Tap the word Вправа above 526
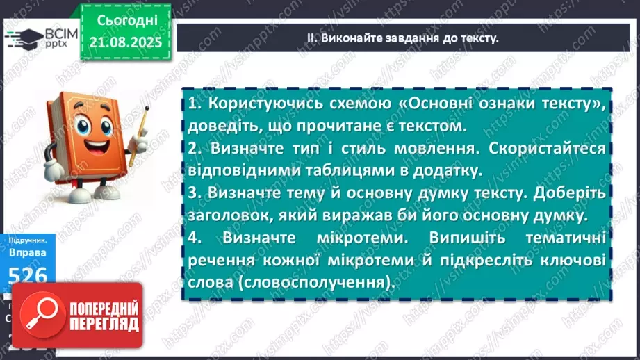tap(28, 254)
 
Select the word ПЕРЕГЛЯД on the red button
tap(104, 325)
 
